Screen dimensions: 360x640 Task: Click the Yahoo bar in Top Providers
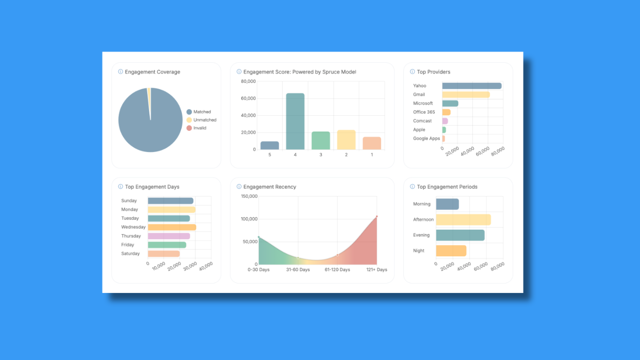click(x=471, y=86)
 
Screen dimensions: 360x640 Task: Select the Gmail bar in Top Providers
click(x=466, y=95)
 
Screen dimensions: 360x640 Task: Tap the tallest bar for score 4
click(x=295, y=121)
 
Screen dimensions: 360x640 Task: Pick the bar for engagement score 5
click(x=269, y=145)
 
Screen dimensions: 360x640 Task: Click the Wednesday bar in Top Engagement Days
click(x=171, y=227)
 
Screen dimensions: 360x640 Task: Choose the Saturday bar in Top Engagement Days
click(x=164, y=254)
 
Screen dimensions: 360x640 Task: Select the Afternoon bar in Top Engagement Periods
click(x=463, y=219)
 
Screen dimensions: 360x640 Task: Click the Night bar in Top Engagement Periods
click(x=451, y=251)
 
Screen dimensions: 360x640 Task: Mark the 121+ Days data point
click(x=377, y=217)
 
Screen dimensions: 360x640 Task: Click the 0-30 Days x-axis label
click(x=259, y=270)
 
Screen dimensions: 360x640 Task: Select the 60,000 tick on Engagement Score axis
click(x=248, y=98)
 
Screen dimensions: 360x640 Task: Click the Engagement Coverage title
click(x=152, y=72)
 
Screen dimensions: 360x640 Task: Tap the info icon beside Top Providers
click(x=412, y=72)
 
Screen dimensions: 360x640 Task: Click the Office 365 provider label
click(x=424, y=112)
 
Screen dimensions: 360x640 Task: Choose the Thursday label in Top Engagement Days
click(x=131, y=236)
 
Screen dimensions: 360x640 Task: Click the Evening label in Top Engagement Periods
click(x=421, y=235)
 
